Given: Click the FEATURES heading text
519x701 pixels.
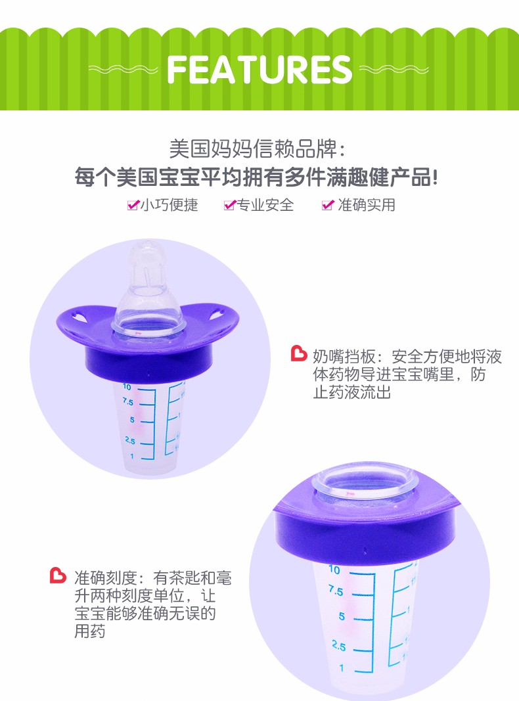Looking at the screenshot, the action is coord(259,70).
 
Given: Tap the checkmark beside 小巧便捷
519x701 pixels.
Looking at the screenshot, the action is coord(133,205).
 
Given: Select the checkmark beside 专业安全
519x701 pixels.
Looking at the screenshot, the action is coord(230,205).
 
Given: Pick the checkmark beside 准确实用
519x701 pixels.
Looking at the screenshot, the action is coord(328,205).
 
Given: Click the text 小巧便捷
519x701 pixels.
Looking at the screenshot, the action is coord(169,205).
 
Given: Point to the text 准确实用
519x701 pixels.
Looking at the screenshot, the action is coord(367,205).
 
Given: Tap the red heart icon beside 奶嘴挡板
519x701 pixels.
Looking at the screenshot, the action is coord(299,353).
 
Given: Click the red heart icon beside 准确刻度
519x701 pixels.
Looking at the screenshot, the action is coord(58,576).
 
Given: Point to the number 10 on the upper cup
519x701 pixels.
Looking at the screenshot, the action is coord(127,387).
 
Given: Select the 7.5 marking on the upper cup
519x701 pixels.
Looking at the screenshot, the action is coord(128,402).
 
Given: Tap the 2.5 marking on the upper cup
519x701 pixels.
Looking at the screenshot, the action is coord(130,440).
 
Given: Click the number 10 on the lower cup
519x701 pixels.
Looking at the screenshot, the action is coord(334,570).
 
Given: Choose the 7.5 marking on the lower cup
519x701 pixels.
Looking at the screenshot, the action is coord(336,591).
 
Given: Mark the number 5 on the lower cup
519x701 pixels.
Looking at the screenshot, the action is coord(342,616).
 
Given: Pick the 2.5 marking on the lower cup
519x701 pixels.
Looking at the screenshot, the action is coord(339,646).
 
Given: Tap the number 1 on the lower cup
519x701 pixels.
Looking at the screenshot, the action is coord(342,668).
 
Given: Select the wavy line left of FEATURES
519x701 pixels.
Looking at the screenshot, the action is coord(123,69).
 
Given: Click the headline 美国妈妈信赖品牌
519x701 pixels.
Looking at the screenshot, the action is coord(252,149).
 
